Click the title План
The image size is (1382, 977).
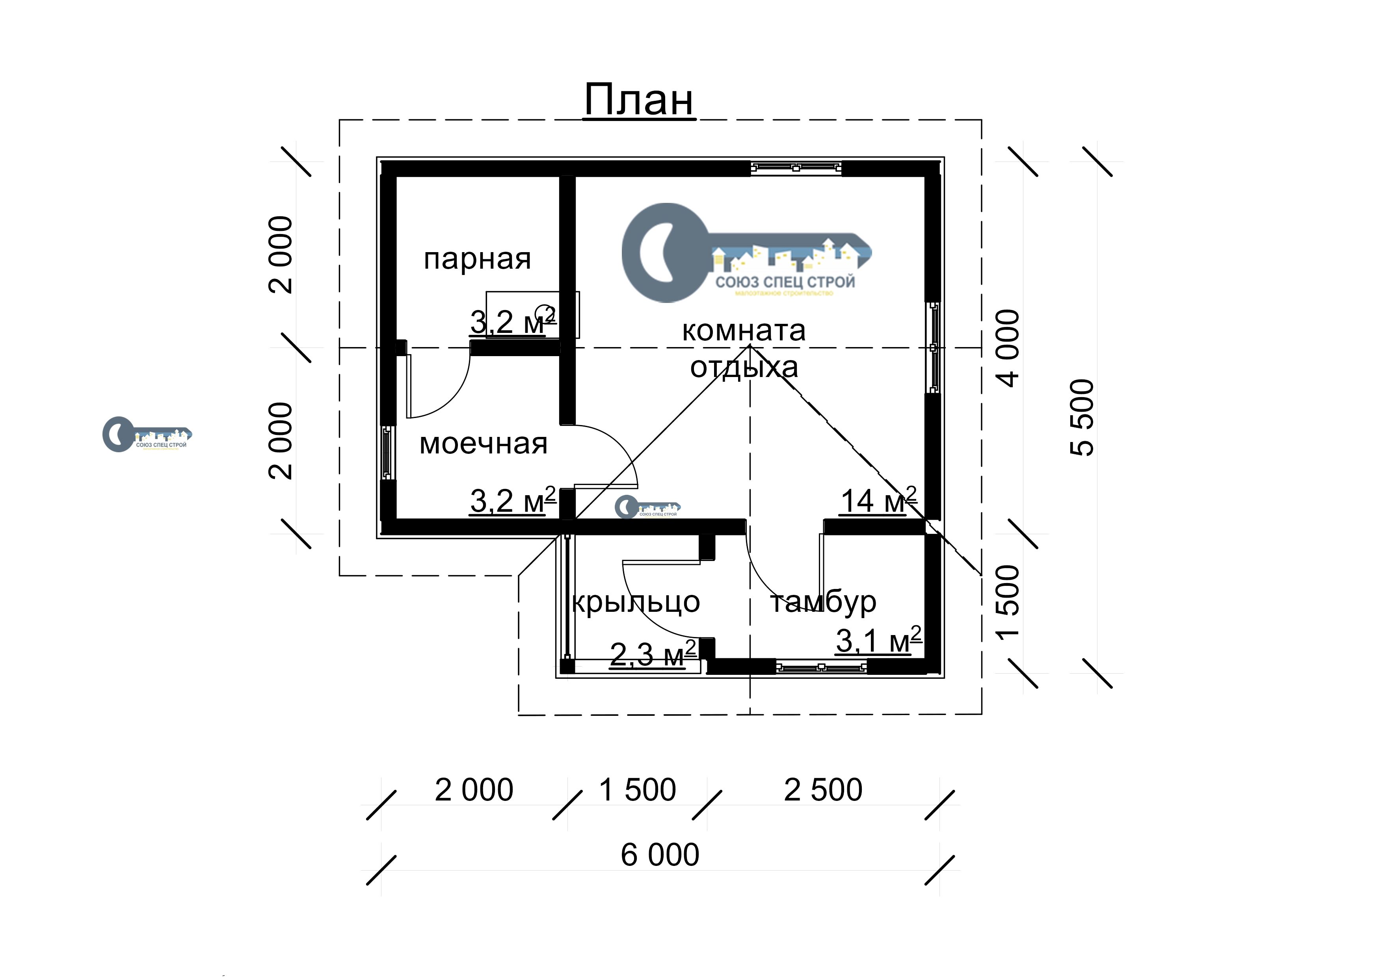click(639, 100)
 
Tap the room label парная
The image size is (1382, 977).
click(477, 259)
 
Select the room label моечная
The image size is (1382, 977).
click(484, 444)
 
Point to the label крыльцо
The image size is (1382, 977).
click(636, 602)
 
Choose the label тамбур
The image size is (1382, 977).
click(823, 602)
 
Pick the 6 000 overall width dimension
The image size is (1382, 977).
click(660, 855)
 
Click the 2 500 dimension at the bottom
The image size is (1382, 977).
click(823, 790)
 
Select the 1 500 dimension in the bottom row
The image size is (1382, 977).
click(638, 790)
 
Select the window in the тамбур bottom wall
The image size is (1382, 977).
click(821, 667)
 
